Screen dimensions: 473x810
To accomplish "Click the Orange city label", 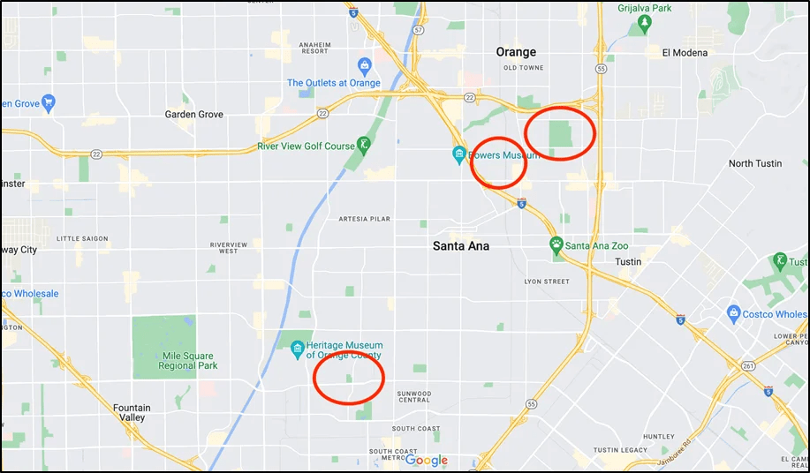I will (516, 52).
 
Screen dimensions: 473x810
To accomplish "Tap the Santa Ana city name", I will (461, 246).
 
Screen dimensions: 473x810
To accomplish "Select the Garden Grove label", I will (194, 115).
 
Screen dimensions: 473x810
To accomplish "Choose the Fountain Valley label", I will (132, 413).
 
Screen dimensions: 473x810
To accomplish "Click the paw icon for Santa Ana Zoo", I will (556, 244).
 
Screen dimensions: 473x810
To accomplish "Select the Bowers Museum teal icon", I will (459, 155).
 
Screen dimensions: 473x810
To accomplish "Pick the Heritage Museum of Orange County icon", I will (298, 347).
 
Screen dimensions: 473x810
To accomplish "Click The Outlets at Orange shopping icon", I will (364, 65).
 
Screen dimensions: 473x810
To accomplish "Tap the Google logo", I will (428, 461).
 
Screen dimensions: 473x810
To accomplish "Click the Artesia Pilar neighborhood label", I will (365, 218).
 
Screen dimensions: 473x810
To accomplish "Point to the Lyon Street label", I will (547, 282).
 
